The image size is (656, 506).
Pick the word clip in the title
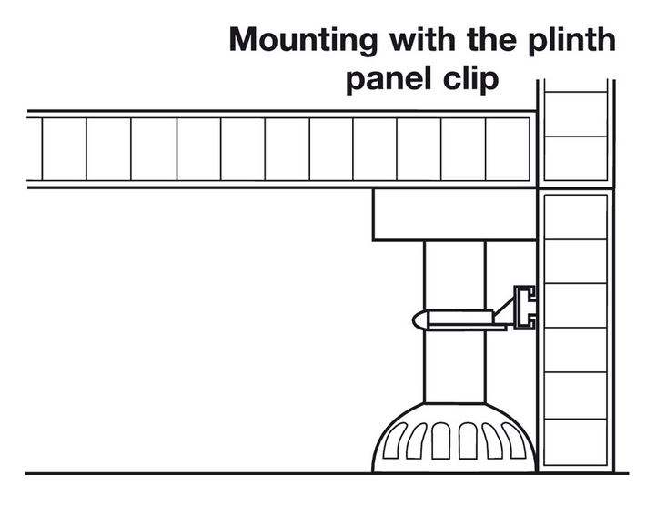pos(470,79)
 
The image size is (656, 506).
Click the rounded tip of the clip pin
pos(419,320)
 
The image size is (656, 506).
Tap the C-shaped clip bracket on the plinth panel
pos(526,307)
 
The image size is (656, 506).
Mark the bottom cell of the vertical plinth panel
pos(573,443)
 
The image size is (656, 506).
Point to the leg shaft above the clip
pos(454,273)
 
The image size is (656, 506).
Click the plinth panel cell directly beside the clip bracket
pos(573,306)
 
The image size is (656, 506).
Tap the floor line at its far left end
pos(31,473)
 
